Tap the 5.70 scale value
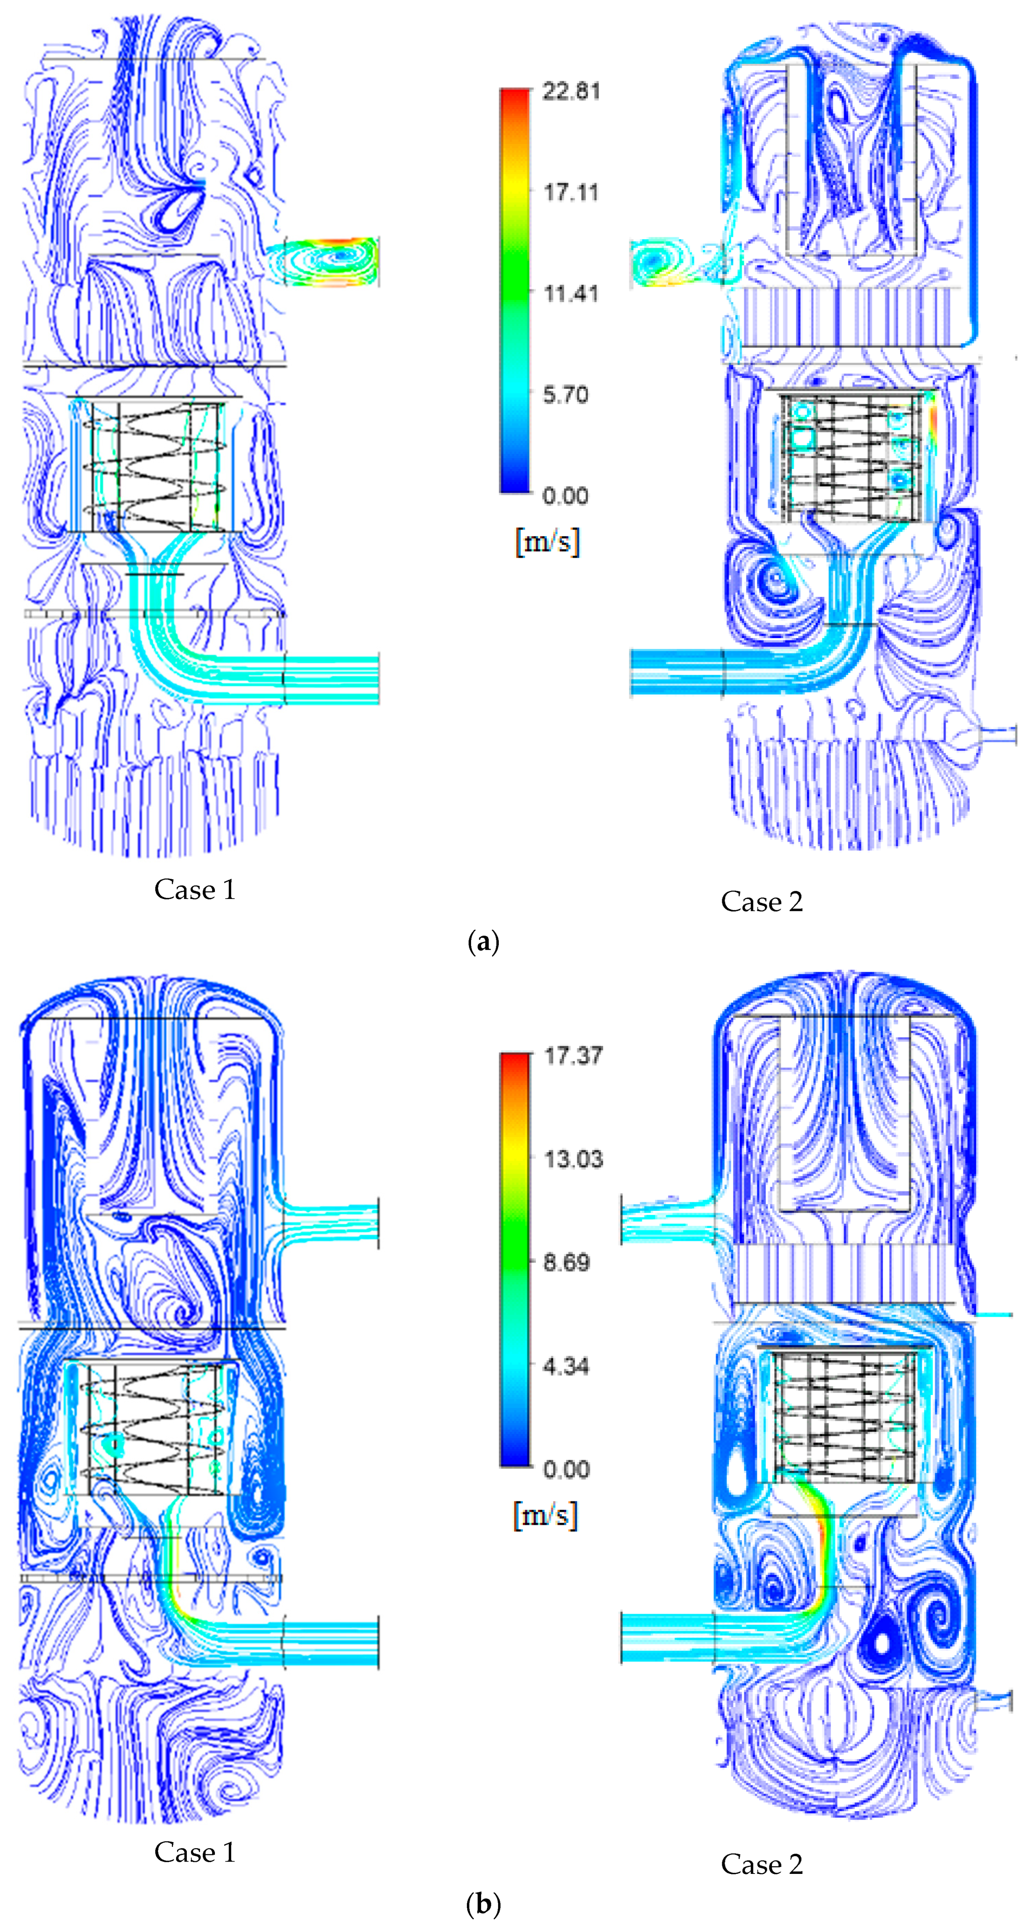tap(565, 395)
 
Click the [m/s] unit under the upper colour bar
tap(547, 541)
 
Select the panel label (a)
tap(483, 941)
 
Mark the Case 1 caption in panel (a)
tap(195, 890)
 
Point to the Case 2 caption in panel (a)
tap(761, 902)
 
